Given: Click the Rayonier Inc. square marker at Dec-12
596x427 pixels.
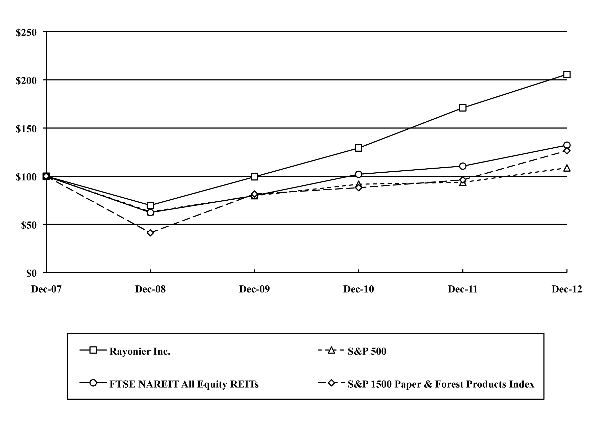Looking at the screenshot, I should [x=567, y=74].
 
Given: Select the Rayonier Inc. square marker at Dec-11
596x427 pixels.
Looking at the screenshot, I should [x=463, y=108].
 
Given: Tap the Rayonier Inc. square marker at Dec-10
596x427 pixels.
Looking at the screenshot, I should [x=359, y=148].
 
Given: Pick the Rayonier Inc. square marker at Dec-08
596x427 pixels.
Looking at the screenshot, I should [x=150, y=205].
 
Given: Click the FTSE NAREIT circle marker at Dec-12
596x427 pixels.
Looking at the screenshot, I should [x=567, y=145].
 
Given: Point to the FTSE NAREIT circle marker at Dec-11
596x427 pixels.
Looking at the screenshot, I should [x=463, y=166].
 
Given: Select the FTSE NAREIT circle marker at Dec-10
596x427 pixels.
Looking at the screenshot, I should [x=359, y=174].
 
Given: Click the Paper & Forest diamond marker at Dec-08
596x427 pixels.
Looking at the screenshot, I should [x=150, y=233].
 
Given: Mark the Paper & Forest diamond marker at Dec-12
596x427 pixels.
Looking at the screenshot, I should [x=567, y=151].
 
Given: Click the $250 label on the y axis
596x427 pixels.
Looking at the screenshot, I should [x=26, y=33].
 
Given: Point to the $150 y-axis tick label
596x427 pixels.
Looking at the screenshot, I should [x=26, y=129].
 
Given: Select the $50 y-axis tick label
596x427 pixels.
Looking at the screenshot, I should [x=29, y=225].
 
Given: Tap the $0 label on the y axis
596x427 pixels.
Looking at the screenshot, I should [x=32, y=274].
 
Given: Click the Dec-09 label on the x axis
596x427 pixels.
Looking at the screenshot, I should [x=254, y=289].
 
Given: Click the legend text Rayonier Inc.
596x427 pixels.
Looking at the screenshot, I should [x=140, y=352].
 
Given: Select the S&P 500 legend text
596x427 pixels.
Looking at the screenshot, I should [x=367, y=352].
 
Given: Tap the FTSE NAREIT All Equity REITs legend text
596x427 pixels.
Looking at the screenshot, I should [x=184, y=384].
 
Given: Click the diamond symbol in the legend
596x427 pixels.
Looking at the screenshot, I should [x=332, y=383].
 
